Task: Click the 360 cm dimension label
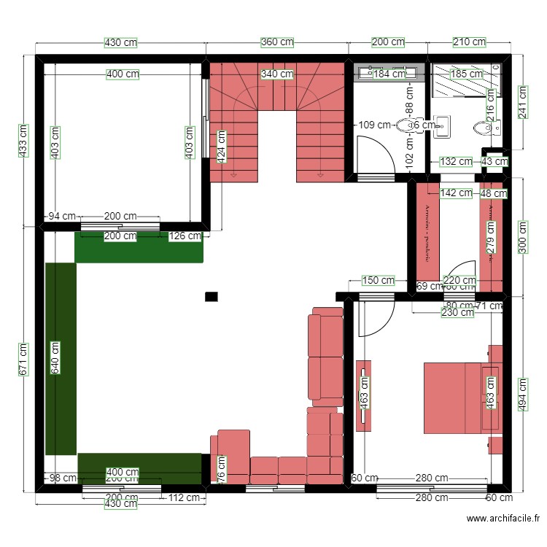click(x=278, y=42)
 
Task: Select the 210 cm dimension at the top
click(x=469, y=42)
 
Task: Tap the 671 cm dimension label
click(x=23, y=360)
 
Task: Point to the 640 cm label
click(x=55, y=357)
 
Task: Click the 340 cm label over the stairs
click(x=277, y=74)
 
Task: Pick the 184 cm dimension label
click(x=389, y=74)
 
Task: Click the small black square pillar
click(x=212, y=296)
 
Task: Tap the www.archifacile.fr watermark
click(x=503, y=519)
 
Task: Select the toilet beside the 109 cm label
click(x=406, y=125)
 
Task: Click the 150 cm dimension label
click(x=379, y=280)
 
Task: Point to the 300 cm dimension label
click(x=522, y=237)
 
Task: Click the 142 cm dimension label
click(x=457, y=193)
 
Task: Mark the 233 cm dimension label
click(x=23, y=139)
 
